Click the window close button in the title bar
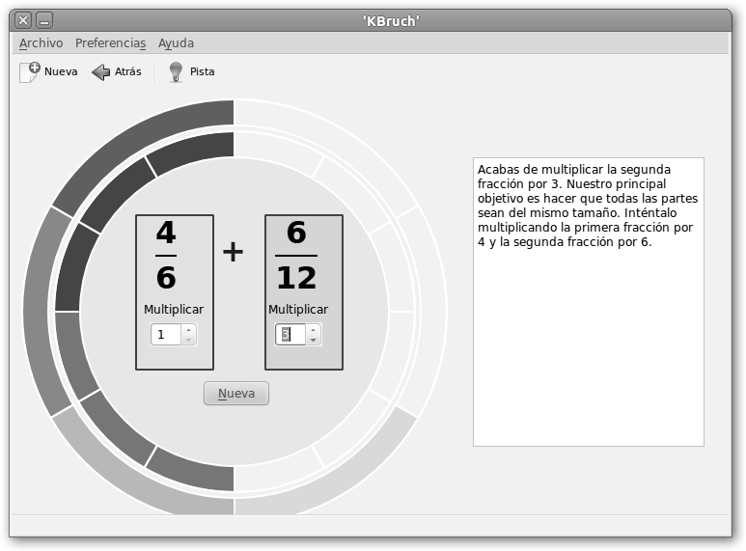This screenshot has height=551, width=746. pos(23,20)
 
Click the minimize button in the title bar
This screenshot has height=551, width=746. pos(44,20)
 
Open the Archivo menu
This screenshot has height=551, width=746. pos(41,43)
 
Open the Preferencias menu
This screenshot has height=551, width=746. pos(110,43)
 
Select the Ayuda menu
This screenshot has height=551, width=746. pos(176,43)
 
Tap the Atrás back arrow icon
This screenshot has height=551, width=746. pos(100,72)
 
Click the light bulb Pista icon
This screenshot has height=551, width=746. pos(176,72)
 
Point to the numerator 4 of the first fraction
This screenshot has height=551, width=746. pos(166,233)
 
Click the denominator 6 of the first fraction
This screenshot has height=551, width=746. pos(166,277)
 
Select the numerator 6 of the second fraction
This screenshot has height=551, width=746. pos(296,233)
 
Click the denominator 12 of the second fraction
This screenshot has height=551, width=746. pos(296,277)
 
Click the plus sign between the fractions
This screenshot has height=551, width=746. pos(234,252)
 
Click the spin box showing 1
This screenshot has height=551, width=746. pos(166,335)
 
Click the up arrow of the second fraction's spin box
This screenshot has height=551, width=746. pos(313,330)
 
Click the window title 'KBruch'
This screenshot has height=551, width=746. pos(391,21)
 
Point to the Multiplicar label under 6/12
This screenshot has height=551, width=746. pos(298,310)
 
